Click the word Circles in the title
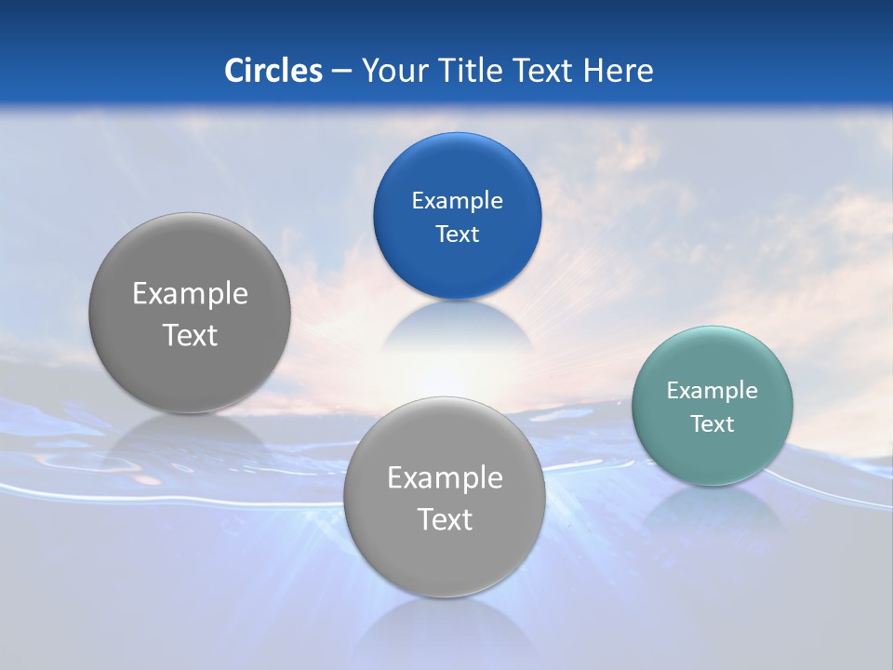(273, 71)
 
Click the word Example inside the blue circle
(457, 201)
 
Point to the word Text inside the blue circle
(457, 234)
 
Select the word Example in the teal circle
(712, 391)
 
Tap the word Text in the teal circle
(712, 424)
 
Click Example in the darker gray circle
(190, 294)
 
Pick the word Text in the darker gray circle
(190, 335)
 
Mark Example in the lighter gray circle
(445, 478)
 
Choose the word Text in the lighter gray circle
(445, 519)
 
